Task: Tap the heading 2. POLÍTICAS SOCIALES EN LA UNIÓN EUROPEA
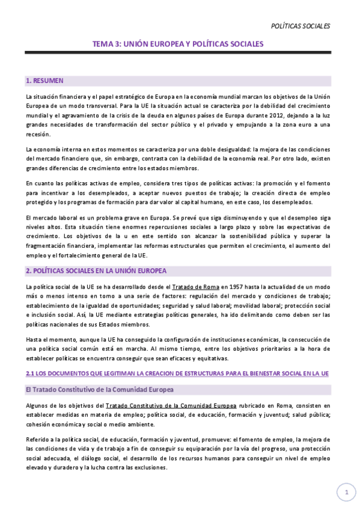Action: (96, 271)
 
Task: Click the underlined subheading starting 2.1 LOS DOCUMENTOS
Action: (177, 357)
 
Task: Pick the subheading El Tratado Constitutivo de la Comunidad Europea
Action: (100, 373)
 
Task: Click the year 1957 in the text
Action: (230, 286)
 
